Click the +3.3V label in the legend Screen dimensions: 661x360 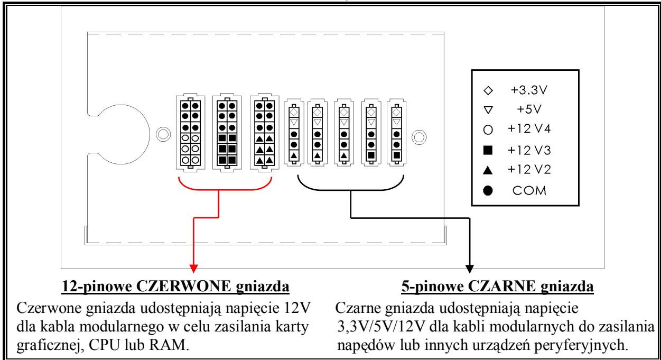[529, 90]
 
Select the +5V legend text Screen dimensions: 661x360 [529, 109]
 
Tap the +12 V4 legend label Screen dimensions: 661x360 [529, 129]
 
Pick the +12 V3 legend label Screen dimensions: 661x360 [529, 150]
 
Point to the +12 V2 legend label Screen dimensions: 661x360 [529, 170]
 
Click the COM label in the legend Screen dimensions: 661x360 [529, 191]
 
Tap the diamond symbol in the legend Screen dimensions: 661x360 [488, 90]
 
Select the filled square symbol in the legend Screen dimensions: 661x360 [488, 150]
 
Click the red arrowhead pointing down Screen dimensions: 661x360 [193, 269]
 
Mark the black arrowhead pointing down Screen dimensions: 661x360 [470, 269]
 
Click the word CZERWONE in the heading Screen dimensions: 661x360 [183, 286]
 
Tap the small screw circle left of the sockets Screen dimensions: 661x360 [163, 134]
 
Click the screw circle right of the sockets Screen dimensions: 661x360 [419, 137]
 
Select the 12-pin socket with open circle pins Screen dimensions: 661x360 [190, 133]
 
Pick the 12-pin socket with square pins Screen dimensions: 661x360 [227, 133]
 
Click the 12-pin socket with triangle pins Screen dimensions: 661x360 [264, 133]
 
